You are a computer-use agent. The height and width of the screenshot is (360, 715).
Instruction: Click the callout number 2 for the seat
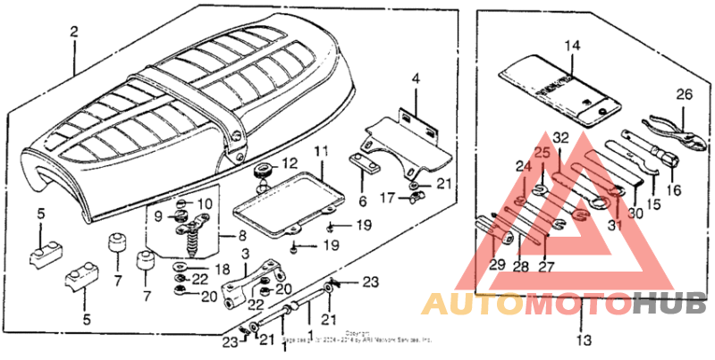[74, 32]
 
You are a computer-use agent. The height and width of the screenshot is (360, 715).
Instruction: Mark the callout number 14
[573, 44]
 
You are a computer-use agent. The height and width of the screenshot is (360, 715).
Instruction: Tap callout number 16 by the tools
[672, 189]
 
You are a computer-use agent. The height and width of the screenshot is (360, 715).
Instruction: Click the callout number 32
[560, 138]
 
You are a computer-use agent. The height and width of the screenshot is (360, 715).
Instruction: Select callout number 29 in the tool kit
[498, 264]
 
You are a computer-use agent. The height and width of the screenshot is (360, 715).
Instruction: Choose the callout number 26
[684, 95]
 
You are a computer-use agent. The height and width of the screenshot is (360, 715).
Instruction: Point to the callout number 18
[219, 269]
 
